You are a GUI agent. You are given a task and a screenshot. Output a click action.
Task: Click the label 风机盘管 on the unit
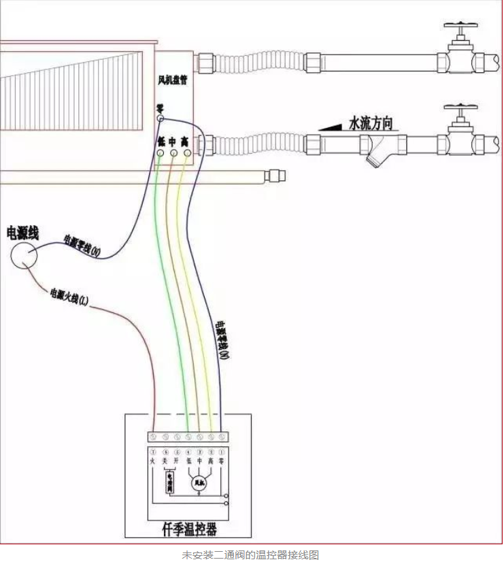[172, 80]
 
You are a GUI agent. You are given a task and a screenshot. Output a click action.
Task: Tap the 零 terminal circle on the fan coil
[161, 119]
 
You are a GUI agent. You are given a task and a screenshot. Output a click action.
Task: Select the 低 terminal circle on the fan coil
[161, 154]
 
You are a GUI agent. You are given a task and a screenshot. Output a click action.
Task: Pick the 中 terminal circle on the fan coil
[173, 154]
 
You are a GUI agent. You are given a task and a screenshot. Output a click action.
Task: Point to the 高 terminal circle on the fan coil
[187, 154]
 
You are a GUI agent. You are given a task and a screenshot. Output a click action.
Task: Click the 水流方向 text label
[371, 123]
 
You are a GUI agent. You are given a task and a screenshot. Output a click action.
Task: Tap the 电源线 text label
[22, 233]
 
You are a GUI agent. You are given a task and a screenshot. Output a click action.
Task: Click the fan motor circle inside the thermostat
[199, 484]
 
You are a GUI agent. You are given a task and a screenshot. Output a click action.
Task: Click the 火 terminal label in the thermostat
[154, 461]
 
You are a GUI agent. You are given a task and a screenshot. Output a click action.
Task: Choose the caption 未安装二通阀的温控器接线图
[251, 555]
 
